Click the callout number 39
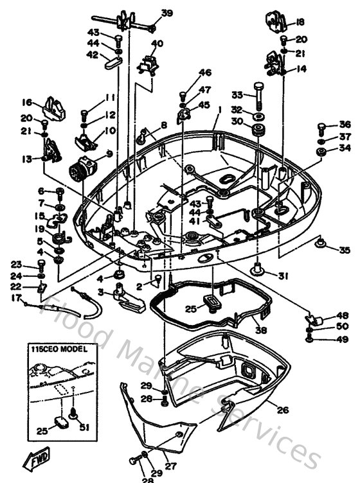point(166,13)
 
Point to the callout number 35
point(345,250)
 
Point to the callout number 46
point(204,73)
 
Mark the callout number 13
point(27,159)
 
